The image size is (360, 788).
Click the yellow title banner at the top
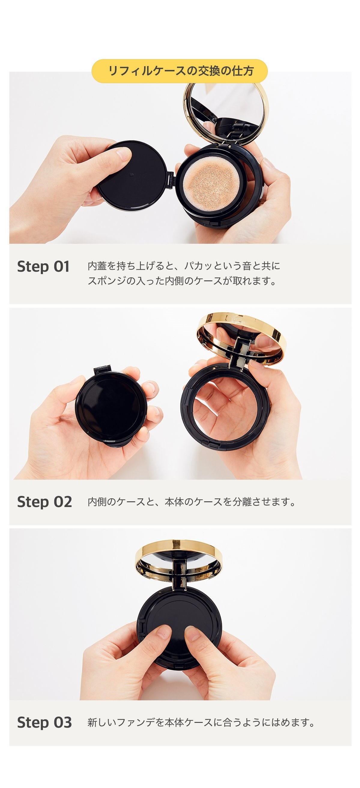point(180,71)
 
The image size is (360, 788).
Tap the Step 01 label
point(43,266)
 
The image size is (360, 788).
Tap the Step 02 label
point(44,502)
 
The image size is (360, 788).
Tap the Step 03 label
point(44,722)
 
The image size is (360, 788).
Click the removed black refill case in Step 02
point(110,407)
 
